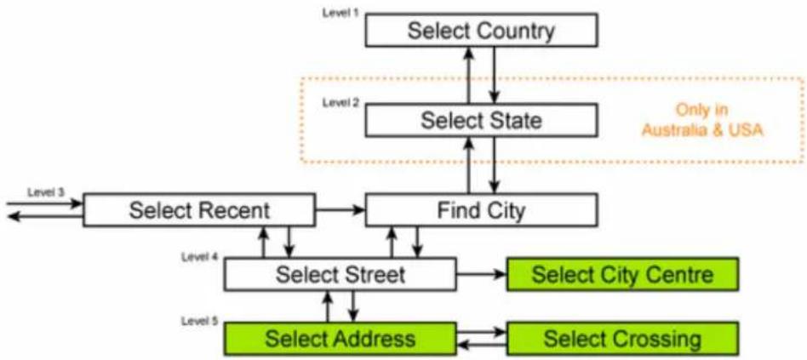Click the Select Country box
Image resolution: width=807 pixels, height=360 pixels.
pos(481,30)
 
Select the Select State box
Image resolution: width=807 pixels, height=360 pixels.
pos(481,120)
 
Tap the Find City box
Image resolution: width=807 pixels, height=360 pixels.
pos(481,210)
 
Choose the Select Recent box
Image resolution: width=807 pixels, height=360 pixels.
pos(199,210)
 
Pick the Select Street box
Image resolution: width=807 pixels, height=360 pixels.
pos(341,274)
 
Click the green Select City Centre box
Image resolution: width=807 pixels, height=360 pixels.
pos(623,274)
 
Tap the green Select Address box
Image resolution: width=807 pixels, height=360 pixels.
pos(341,339)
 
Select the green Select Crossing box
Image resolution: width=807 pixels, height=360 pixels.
pos(623,339)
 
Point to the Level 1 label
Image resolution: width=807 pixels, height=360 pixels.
pos(340,13)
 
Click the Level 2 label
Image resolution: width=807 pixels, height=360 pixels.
pos(340,102)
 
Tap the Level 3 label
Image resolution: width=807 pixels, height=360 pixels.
pos(45,191)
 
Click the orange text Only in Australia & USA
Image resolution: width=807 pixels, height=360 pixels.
pos(702,120)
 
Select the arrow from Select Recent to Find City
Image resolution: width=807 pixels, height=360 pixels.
pos(341,209)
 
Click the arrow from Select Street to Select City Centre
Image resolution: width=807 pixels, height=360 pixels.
pos(482,274)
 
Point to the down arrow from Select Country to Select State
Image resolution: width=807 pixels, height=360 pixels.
pos(495,75)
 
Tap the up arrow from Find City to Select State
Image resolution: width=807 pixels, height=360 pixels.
pos(469,165)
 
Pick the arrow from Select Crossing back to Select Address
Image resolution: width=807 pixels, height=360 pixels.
pos(482,345)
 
